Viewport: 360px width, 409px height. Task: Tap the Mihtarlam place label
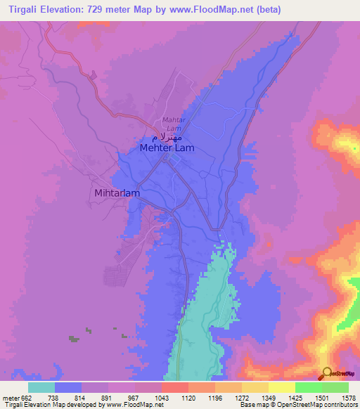click(117, 193)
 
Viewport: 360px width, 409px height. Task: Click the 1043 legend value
click(162, 397)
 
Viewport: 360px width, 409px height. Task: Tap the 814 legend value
click(81, 397)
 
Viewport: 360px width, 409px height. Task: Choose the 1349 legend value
click(268, 397)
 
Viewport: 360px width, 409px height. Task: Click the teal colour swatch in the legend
click(41, 387)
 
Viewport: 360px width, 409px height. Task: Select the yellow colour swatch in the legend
click(281, 387)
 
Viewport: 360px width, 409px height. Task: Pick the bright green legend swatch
click(308, 387)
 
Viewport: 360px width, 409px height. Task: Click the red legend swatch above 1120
click(174, 387)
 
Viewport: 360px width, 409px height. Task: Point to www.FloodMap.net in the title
click(227, 8)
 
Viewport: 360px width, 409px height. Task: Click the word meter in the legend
click(9, 397)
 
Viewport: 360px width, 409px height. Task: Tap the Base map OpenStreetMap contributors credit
click(298, 405)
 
